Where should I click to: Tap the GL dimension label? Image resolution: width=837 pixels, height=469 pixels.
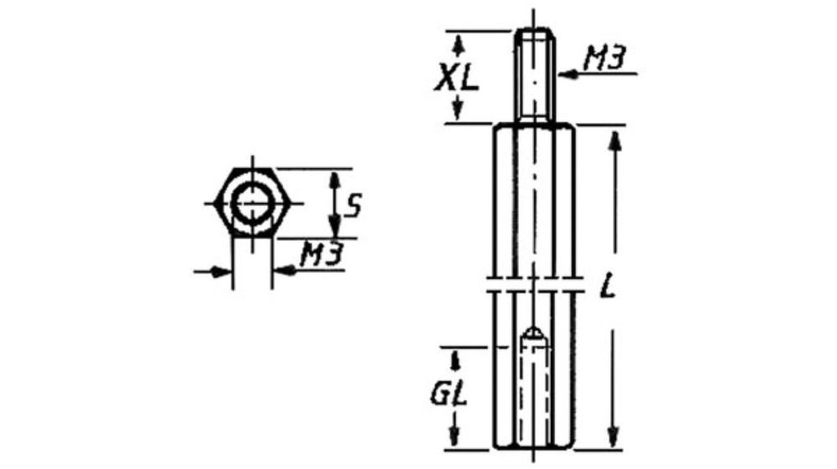coord(449,394)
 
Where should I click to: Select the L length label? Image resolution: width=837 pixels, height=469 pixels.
coord(608,285)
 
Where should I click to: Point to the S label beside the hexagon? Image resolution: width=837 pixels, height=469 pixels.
coord(353,205)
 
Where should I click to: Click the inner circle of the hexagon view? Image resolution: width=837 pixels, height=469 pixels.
coord(252,203)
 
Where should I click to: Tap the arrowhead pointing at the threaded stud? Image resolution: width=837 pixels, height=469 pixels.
coord(568,74)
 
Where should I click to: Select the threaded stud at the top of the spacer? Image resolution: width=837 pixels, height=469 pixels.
coord(534,75)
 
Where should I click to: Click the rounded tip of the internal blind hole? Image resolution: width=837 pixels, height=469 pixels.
coord(534,334)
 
